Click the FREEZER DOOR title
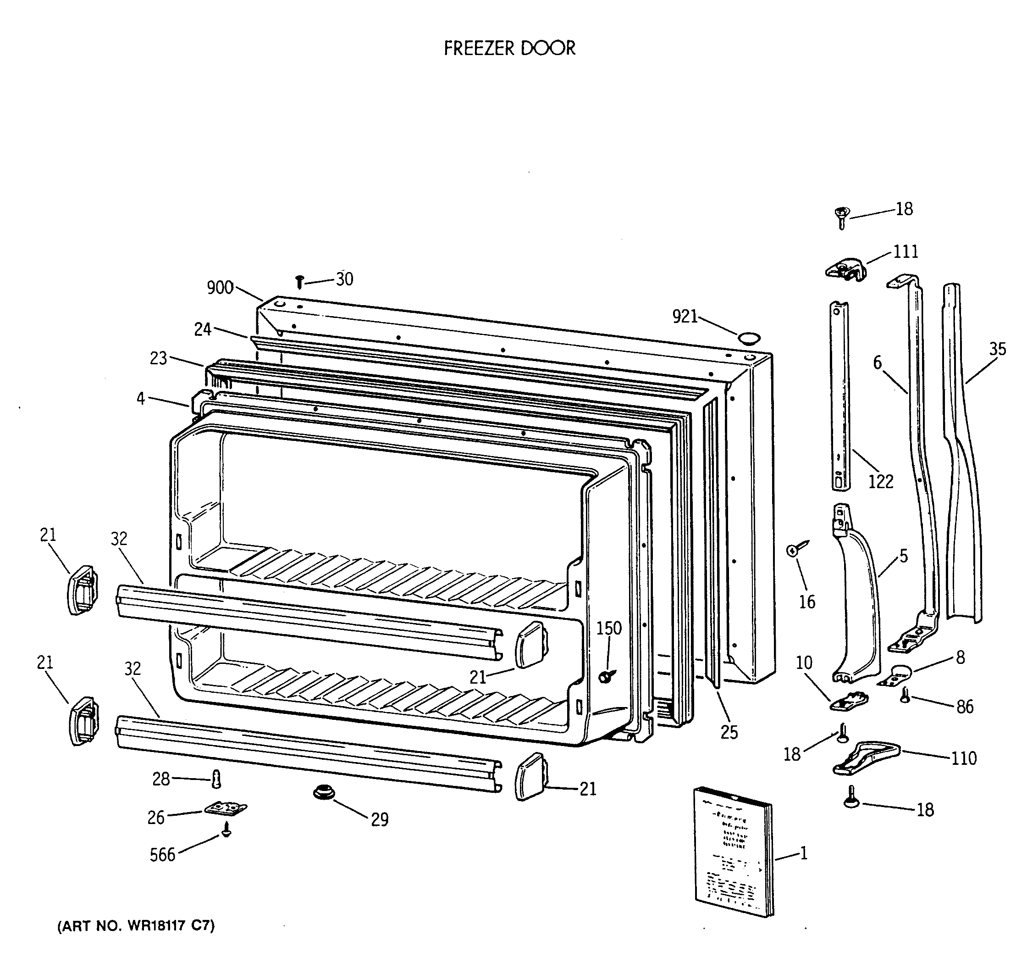click(509, 48)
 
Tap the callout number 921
click(685, 316)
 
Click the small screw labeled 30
click(299, 282)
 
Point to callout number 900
click(220, 288)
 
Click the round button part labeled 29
click(324, 791)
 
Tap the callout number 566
click(162, 855)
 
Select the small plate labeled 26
click(225, 807)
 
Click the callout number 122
click(880, 481)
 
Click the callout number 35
click(998, 349)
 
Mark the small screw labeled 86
click(905, 695)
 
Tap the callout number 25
click(729, 732)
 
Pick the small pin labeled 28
click(217, 778)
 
